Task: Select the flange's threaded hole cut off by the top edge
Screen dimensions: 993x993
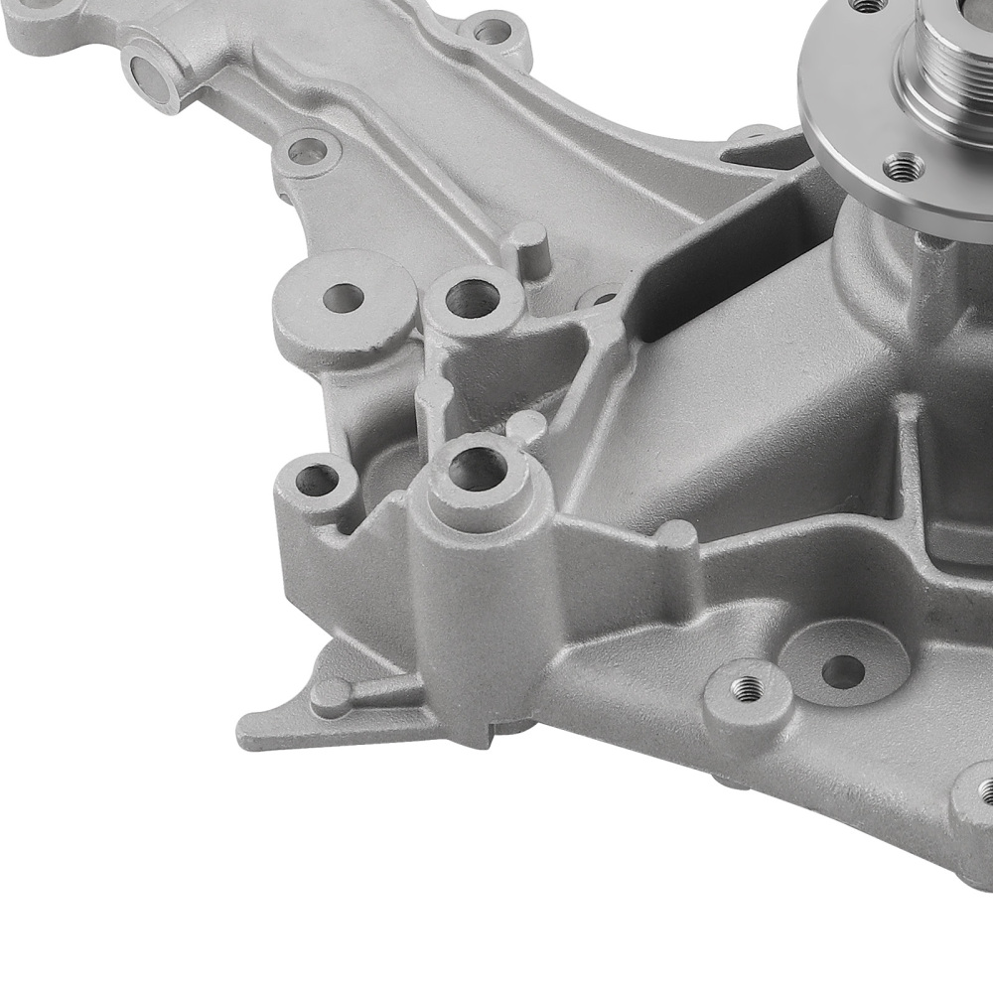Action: tap(870, 5)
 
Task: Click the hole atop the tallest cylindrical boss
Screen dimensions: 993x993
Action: tap(480, 468)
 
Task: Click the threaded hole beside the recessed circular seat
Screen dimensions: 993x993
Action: tap(748, 687)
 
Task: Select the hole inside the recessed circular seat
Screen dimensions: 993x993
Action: tap(843, 670)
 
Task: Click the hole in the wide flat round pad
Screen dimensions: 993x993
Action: tap(345, 296)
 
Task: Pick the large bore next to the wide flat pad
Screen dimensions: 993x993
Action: tap(471, 299)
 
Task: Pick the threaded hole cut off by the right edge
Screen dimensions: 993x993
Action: tap(985, 790)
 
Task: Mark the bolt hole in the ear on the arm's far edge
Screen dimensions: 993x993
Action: tap(492, 32)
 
